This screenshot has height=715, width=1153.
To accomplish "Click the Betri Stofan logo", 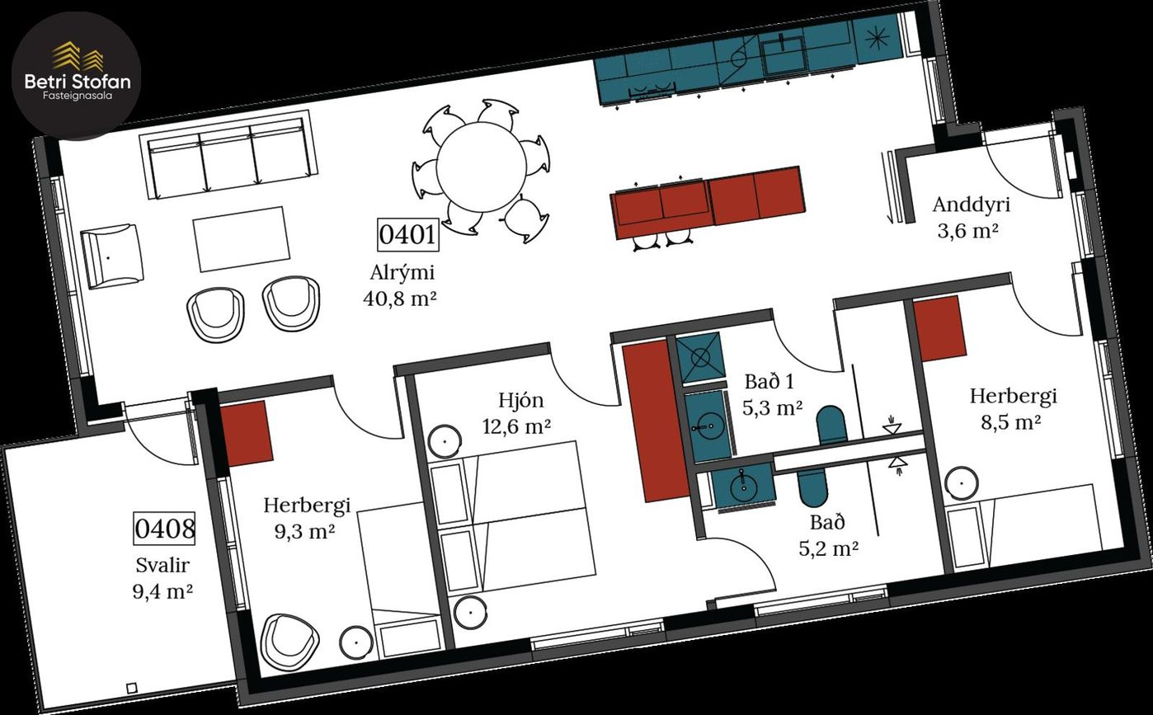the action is point(76,76).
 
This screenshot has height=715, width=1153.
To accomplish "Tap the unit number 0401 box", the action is point(407,235).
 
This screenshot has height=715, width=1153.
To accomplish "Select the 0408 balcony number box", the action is point(164,528).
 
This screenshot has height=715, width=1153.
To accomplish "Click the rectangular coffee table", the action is point(242,238).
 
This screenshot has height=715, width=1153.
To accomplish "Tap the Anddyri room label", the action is point(972,205).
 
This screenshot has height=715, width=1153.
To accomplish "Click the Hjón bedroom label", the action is point(520,401).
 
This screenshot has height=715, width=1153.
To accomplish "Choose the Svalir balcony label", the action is point(162,566).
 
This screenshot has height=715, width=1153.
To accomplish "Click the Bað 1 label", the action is point(769,382).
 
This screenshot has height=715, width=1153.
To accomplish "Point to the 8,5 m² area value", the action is point(1011,423).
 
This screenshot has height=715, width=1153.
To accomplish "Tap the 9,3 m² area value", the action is point(304,531).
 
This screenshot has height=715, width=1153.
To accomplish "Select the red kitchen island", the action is point(708,202).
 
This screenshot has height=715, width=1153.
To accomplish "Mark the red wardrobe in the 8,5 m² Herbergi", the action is point(940,328).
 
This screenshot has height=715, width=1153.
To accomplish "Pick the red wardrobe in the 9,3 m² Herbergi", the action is point(247,434).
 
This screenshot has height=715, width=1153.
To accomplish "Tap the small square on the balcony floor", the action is point(132,687).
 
